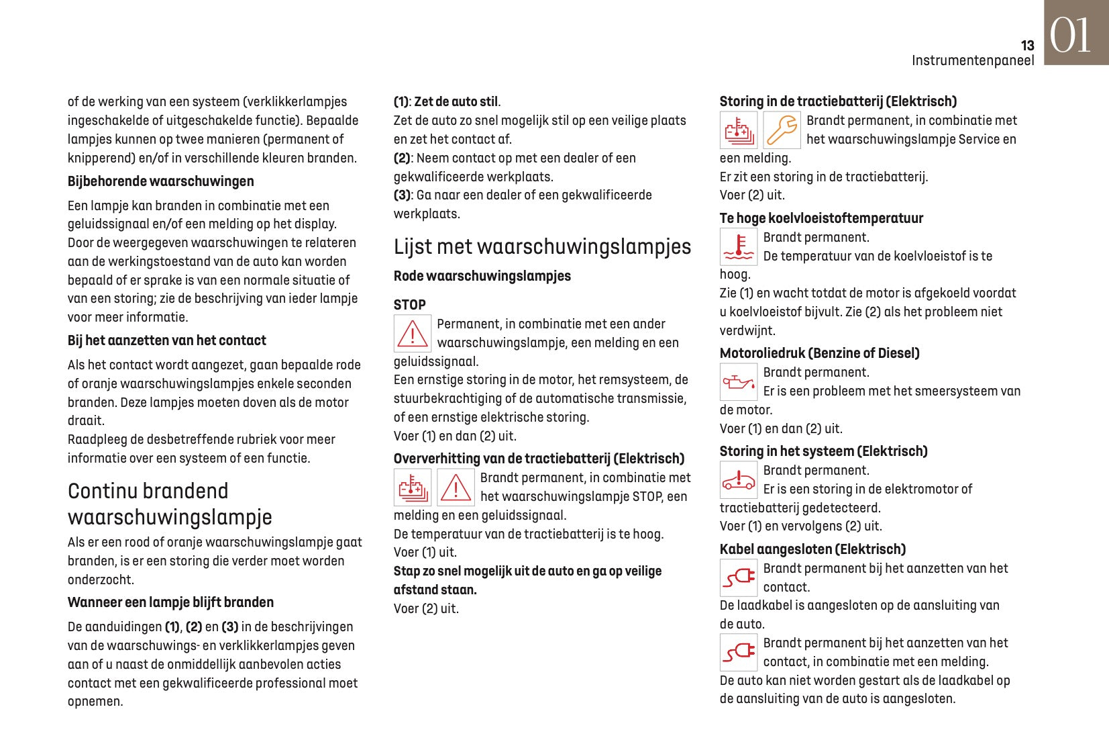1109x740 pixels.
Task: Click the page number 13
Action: (x=1027, y=46)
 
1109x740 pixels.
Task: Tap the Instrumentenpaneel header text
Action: (x=972, y=60)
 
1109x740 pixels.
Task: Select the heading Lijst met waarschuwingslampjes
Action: (x=542, y=246)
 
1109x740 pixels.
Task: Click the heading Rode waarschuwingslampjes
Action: (x=482, y=276)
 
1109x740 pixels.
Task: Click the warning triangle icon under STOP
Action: (x=412, y=334)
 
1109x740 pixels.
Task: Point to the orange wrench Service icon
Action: (x=782, y=130)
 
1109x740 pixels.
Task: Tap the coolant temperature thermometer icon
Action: (x=738, y=247)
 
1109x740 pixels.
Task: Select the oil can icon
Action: (x=738, y=382)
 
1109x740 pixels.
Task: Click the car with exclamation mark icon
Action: (x=738, y=480)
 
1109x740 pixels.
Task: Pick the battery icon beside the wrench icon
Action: (x=738, y=130)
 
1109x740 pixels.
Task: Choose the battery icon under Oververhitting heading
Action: (x=412, y=488)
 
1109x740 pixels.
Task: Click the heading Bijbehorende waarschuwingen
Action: (x=160, y=181)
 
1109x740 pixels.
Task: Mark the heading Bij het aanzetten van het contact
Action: (x=166, y=340)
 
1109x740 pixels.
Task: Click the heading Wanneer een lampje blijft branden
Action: (x=170, y=602)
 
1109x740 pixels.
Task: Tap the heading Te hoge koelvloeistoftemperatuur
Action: (x=821, y=218)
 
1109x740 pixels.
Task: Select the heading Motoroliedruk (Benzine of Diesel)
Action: (x=819, y=353)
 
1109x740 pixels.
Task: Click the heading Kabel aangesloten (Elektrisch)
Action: (x=812, y=549)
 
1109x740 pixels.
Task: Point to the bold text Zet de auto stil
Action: (x=456, y=102)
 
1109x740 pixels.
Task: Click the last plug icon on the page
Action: (x=738, y=653)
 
